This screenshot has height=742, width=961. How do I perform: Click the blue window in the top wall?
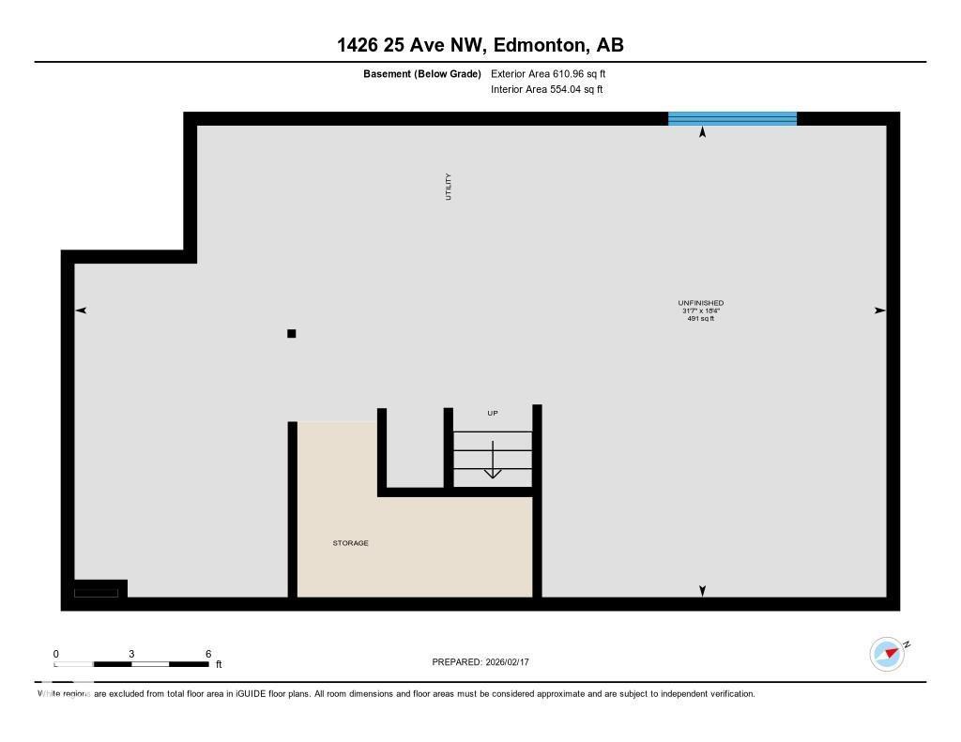point(732,118)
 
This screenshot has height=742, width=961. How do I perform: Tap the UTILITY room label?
point(449,186)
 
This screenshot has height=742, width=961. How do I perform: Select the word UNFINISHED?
point(700,303)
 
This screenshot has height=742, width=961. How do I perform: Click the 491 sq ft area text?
point(700,319)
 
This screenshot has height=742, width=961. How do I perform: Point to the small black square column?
point(292,333)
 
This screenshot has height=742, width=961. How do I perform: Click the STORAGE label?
point(350,543)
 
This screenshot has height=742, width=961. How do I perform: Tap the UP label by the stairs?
point(492,413)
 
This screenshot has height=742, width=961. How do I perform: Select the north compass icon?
point(887,654)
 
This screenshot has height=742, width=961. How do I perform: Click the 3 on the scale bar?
point(131,654)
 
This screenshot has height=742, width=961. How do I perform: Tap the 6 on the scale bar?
point(208,654)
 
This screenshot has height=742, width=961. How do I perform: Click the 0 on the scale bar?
point(55,654)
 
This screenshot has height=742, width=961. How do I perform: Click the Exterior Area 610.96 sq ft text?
point(542,73)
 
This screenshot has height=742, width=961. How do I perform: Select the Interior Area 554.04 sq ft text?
point(546,89)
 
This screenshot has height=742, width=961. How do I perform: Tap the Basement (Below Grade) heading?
point(421,73)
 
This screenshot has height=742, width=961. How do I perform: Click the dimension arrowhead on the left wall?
point(81,310)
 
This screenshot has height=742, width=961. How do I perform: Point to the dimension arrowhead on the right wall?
point(879,310)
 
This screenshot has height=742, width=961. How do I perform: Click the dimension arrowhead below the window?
point(702,132)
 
